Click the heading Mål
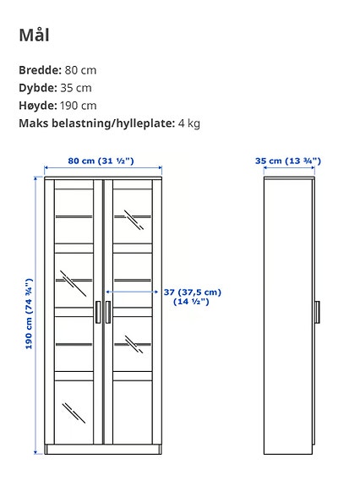[34, 35]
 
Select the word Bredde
[39, 70]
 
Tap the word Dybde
[38, 88]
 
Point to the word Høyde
[37, 106]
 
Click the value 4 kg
[188, 123]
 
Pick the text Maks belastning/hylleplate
[95, 123]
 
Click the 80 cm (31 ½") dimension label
[101, 161]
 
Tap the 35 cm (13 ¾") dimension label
[288, 161]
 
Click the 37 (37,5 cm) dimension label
[191, 292]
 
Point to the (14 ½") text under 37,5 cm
[191, 302]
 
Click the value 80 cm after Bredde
[81, 70]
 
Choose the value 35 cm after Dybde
[76, 88]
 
